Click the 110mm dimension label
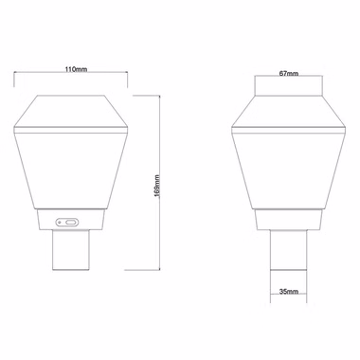76,69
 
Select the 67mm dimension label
289,74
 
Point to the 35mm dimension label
289,292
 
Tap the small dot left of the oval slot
60,223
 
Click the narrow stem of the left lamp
71,250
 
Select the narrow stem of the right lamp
288,250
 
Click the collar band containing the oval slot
71,220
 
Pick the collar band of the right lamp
289,220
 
